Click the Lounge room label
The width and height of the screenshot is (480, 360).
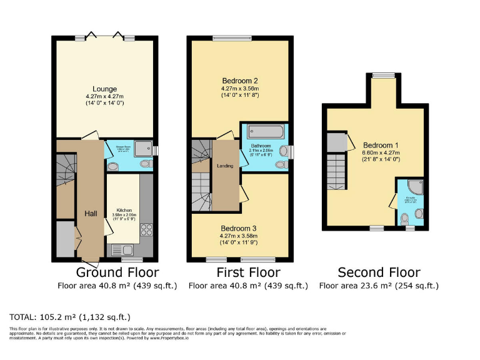click(x=104, y=89)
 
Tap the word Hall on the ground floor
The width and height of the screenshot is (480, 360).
click(x=91, y=214)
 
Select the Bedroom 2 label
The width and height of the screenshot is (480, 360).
click(x=240, y=81)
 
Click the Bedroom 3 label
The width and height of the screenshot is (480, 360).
click(x=240, y=228)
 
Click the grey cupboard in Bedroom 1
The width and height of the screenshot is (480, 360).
click(x=336, y=142)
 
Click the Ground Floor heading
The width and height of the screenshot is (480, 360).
click(x=117, y=272)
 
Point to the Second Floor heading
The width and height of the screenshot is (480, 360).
click(x=379, y=272)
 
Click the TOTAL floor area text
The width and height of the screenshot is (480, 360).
click(x=69, y=316)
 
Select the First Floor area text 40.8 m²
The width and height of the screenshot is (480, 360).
click(x=248, y=286)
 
